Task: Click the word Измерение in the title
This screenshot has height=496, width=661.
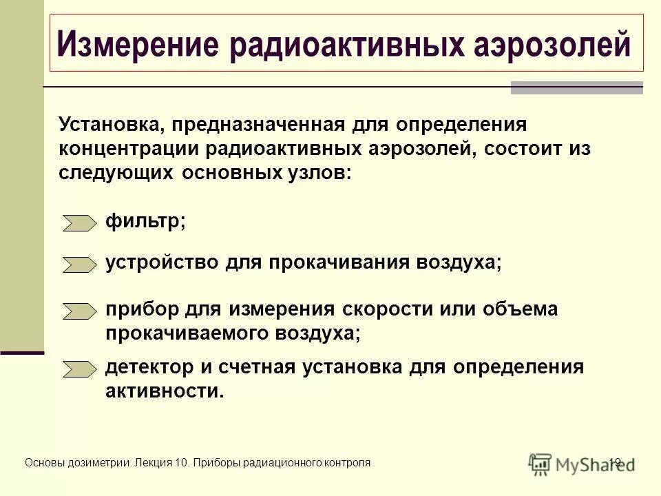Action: (138, 45)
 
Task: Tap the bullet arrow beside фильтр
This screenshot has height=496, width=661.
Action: (80, 223)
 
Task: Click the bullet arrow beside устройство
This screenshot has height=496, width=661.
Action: (80, 265)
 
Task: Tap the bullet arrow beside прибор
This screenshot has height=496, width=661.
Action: (80, 311)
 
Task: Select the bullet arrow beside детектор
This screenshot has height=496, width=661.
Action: (80, 369)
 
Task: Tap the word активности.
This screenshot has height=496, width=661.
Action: (165, 391)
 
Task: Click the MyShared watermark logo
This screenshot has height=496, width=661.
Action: (581, 463)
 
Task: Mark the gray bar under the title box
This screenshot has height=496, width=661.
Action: (576, 87)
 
